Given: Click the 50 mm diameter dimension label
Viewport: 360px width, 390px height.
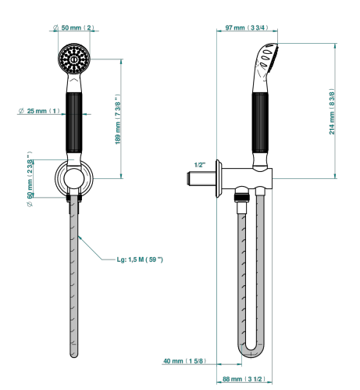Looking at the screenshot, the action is [73, 27].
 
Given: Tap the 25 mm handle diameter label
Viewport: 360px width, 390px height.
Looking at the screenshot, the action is [39, 111].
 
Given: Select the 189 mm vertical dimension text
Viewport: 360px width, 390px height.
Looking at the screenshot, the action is [118, 119].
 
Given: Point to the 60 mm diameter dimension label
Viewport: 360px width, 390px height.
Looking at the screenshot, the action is [30, 179].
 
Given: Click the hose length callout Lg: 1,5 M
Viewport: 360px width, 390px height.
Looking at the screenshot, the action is [140, 259].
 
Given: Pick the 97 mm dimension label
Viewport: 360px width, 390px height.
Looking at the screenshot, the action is [247, 27].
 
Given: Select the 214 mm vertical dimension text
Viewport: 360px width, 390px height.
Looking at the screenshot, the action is [332, 112].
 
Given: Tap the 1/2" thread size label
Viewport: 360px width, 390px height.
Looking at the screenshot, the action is [200, 165].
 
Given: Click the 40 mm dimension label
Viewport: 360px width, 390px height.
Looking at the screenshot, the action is [185, 361].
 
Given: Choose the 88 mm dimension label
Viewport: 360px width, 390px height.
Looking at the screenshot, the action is [244, 379].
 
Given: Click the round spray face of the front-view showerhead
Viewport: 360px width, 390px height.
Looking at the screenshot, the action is [74, 59].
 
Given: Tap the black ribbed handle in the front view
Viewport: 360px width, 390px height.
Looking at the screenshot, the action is [74, 123].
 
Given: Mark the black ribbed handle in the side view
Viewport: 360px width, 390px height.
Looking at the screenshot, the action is [260, 123].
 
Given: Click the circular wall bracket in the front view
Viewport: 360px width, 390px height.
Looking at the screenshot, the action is [74, 178].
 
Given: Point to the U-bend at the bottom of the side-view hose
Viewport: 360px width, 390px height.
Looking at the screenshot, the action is [251, 352].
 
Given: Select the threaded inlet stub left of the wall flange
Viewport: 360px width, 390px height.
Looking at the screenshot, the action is [201, 178].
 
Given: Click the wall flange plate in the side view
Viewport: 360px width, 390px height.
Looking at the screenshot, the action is [219, 178].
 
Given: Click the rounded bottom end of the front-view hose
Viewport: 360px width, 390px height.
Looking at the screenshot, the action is [74, 354].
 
